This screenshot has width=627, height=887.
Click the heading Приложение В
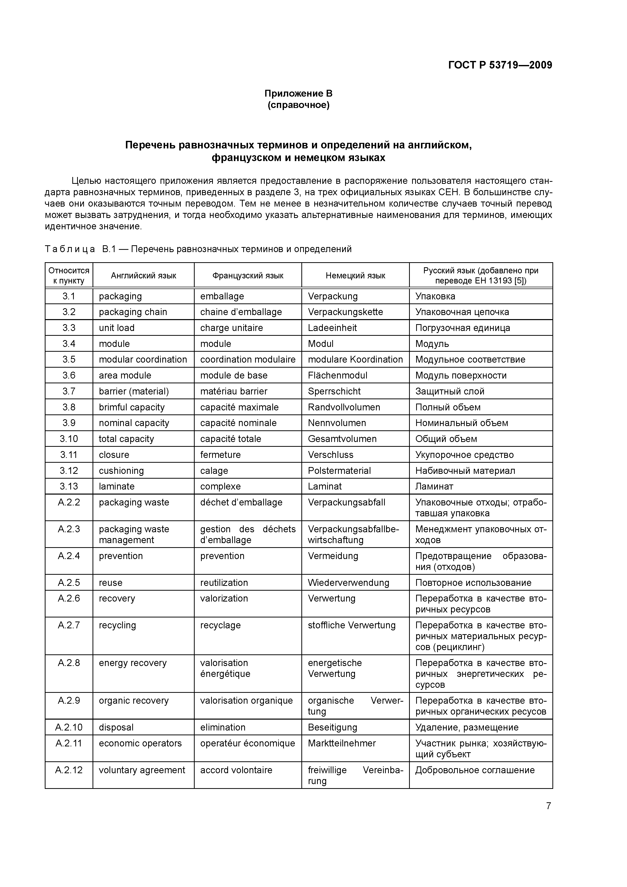point(298,94)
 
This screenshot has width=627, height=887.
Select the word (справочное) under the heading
point(298,105)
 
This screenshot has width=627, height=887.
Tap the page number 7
point(548,806)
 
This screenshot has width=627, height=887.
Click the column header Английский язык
point(143,275)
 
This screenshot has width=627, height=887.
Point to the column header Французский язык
point(248,275)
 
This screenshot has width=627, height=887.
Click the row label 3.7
point(69,391)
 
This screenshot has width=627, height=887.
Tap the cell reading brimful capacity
point(131,407)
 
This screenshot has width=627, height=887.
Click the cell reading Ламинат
point(434,486)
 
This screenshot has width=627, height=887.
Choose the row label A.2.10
point(69,727)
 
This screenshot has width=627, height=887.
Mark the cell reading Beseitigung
point(332,727)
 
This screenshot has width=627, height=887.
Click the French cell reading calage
point(214,471)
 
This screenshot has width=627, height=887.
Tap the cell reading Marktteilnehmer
point(342,743)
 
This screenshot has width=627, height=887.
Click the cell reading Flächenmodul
point(337,375)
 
